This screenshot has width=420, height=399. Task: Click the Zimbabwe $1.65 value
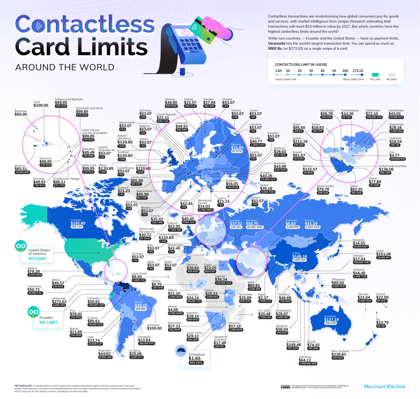click(x=194, y=358)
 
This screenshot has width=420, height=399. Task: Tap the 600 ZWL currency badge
click(x=196, y=363)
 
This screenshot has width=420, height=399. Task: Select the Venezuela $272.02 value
click(x=59, y=302)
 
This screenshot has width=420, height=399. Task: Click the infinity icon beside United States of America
click(x=21, y=246)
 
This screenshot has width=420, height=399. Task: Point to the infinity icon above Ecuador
click(x=34, y=312)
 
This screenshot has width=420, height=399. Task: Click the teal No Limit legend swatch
click(x=375, y=75)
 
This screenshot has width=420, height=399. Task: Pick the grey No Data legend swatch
click(x=392, y=75)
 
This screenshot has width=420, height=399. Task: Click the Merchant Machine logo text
click(x=384, y=386)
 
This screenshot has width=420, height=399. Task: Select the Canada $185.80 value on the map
click(x=78, y=223)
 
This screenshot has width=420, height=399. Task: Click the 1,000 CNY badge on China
click(x=300, y=260)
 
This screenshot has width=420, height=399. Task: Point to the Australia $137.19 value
click(x=331, y=319)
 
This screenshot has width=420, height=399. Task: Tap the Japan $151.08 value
click(x=383, y=254)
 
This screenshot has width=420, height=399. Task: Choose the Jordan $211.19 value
click(x=300, y=141)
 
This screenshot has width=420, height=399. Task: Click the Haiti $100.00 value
click(x=41, y=105)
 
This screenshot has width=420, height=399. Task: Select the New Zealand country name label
click(x=340, y=351)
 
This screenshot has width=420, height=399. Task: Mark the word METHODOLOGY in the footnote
click(x=23, y=386)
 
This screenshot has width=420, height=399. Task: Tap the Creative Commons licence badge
click(x=285, y=386)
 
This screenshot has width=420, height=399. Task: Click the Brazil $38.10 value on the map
click(x=141, y=305)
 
